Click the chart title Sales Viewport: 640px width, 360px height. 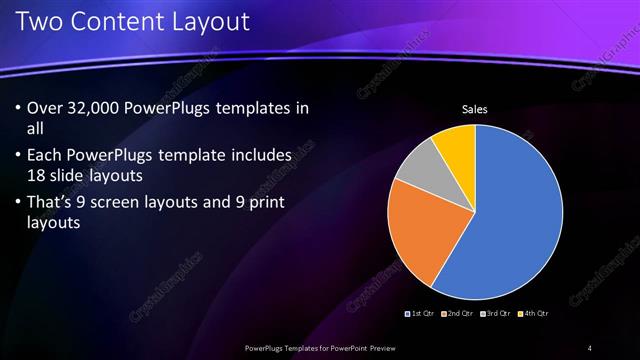click(473, 109)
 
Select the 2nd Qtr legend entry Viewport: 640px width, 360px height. click(457, 314)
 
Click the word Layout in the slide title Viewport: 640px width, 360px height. click(206, 21)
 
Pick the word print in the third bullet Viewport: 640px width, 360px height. click(263, 203)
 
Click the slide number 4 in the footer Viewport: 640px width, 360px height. click(590, 347)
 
